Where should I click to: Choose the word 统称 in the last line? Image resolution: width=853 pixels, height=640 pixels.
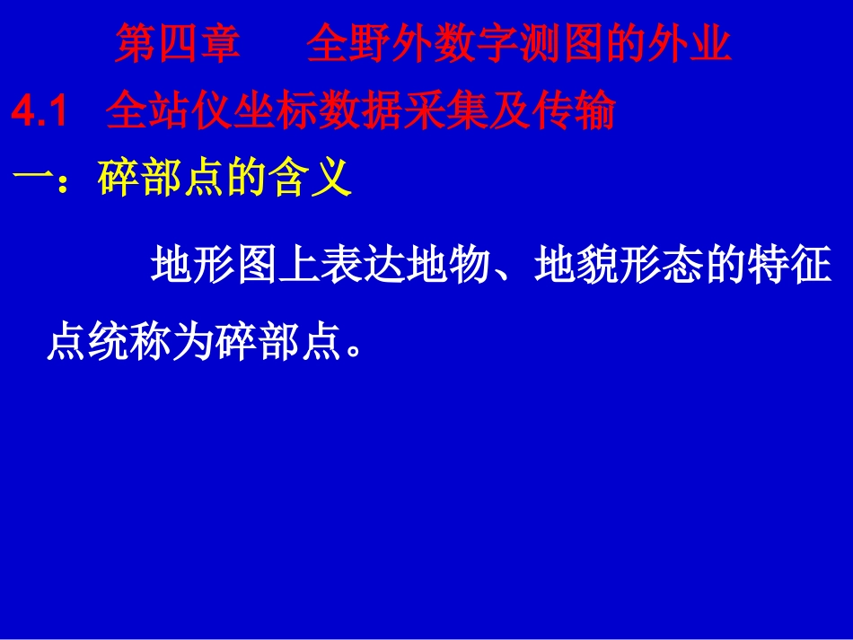[x=128, y=342]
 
